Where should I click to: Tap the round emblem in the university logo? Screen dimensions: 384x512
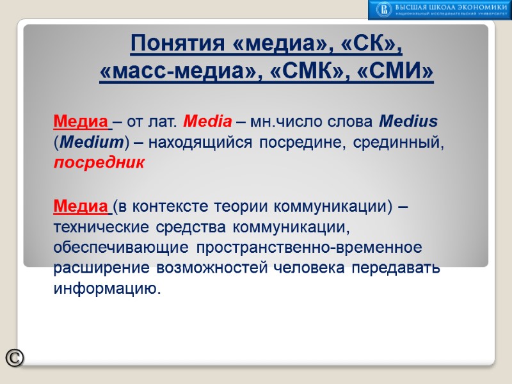pos(384,9)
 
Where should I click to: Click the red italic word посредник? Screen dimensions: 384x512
pos(99,163)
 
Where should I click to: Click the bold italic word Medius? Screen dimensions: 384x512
pos(408,121)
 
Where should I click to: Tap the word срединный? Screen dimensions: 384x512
pos(402,142)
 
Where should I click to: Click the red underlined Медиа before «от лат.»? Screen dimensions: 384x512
pos(81,121)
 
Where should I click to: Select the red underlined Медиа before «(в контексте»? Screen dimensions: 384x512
pos(81,207)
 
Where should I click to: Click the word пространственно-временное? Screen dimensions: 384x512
pos(309,248)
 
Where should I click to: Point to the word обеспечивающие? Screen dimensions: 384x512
pos(120,248)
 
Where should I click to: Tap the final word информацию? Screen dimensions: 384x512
pos(105,289)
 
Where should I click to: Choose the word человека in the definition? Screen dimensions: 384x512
pos(311,268)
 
